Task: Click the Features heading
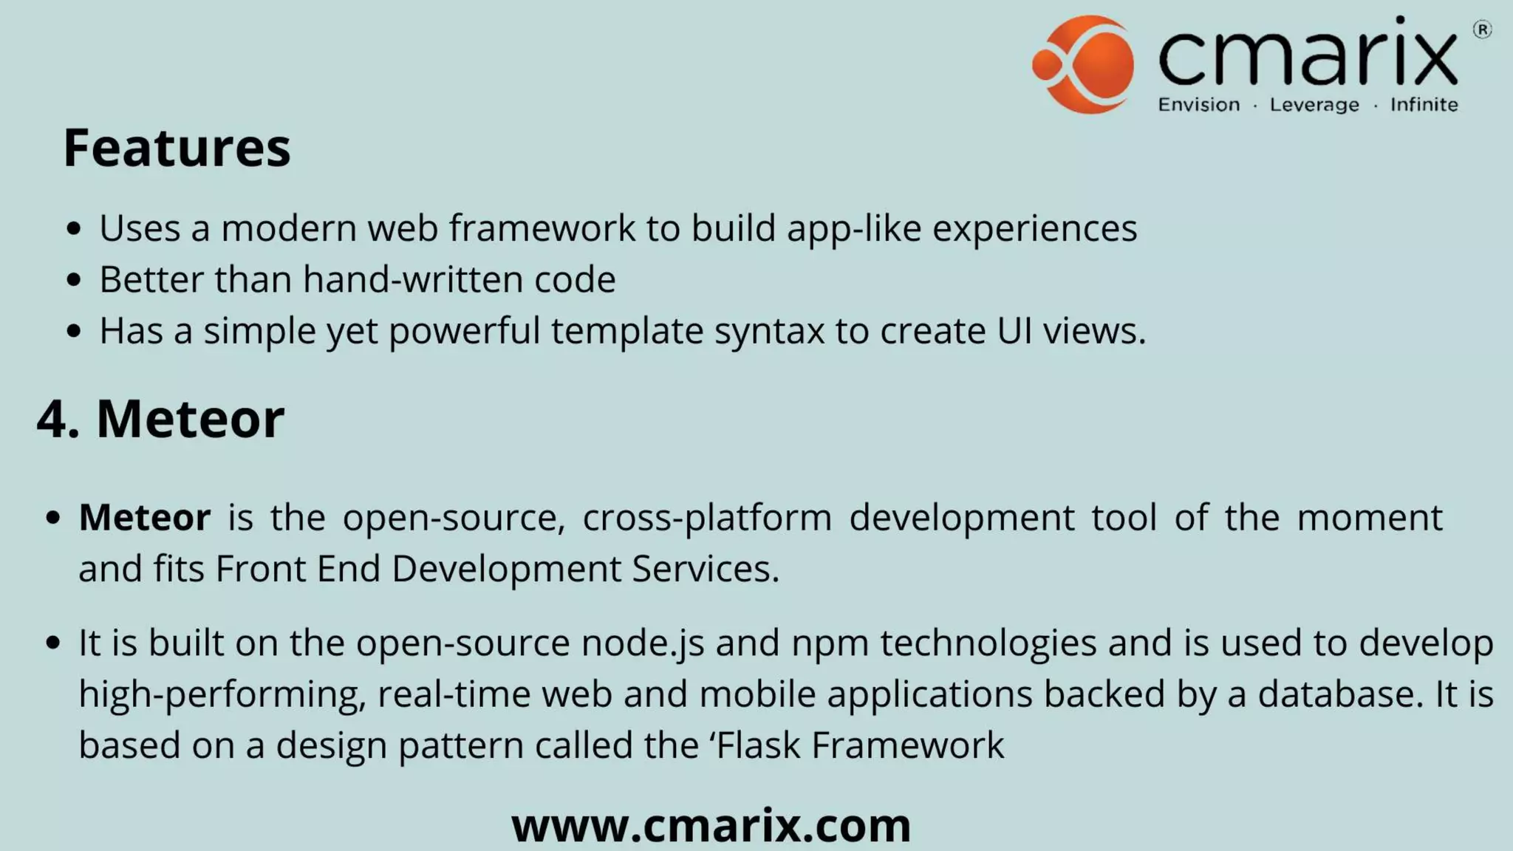[x=177, y=148]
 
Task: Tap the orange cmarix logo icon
[x=1083, y=64]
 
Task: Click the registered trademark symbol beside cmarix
[x=1482, y=30]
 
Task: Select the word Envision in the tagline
[x=1198, y=105]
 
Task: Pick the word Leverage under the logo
[x=1314, y=105]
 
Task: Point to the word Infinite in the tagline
[x=1424, y=105]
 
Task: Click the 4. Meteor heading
[x=160, y=419]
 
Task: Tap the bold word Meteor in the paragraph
[x=145, y=517]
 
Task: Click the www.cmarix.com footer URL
[x=711, y=825]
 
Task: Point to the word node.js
[x=643, y=643]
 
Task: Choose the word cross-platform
[x=707, y=517]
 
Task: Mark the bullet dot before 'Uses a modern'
[x=73, y=228]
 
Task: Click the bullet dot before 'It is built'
[x=52, y=643]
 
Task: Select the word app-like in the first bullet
[x=854, y=228]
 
